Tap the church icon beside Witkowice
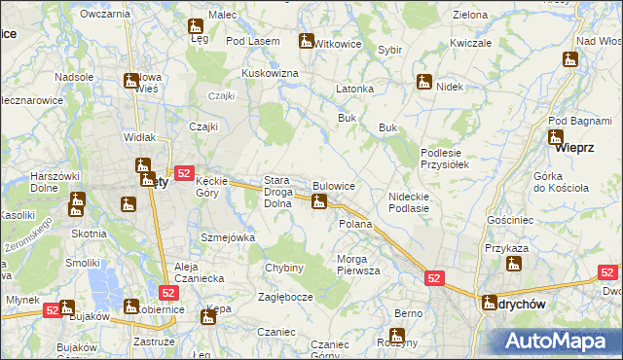click(x=307, y=42)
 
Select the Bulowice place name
click(x=334, y=185)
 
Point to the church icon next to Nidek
click(x=423, y=83)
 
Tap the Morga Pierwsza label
click(x=358, y=265)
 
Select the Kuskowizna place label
click(x=270, y=74)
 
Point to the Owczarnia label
click(x=106, y=14)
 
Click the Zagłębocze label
click(x=285, y=297)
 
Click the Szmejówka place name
click(x=227, y=237)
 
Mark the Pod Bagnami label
click(x=575, y=120)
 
